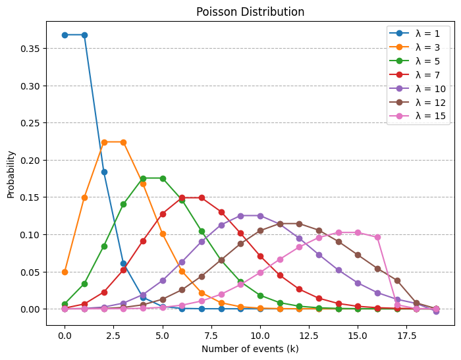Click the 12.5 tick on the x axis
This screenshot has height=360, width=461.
tap(309, 335)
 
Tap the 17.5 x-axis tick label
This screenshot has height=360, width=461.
tap(407, 335)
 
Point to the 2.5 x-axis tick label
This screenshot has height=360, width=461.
tap(113, 335)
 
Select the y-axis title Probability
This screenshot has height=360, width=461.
tap(11, 174)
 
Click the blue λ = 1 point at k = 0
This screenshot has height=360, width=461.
tap(65, 35)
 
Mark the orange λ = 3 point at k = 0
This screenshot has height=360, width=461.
tap(65, 272)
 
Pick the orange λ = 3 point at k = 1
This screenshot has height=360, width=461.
tap(84, 197)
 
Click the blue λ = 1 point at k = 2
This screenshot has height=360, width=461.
tap(104, 172)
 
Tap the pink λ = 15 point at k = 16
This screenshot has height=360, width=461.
tap(377, 237)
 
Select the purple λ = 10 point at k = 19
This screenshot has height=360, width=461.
tap(436, 311)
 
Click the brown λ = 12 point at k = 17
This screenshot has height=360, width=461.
tap(397, 280)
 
